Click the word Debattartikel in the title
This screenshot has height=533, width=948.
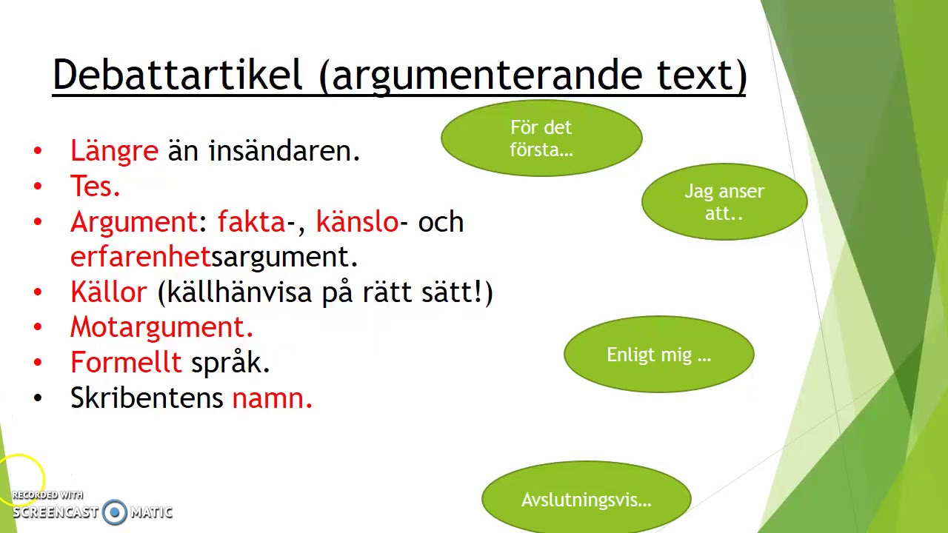click(x=178, y=75)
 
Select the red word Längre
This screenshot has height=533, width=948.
click(x=114, y=151)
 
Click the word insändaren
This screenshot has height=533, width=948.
click(x=284, y=151)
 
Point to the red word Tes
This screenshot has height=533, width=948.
click(x=95, y=187)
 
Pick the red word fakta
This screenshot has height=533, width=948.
click(x=251, y=222)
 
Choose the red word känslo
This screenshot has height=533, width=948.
click(x=357, y=222)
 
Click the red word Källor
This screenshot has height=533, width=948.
click(x=109, y=292)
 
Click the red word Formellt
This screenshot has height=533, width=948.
click(x=126, y=363)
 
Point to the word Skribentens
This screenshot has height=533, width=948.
click(x=147, y=398)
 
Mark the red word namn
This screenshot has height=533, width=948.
click(x=272, y=398)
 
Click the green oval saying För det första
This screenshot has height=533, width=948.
click(x=541, y=138)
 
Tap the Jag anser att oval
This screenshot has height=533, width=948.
click(x=724, y=202)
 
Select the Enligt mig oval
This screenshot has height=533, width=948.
click(x=658, y=355)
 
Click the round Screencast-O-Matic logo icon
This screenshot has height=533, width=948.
click(x=115, y=512)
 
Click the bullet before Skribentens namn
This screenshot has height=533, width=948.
click(x=38, y=398)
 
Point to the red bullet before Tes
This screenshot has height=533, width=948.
click(x=38, y=187)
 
